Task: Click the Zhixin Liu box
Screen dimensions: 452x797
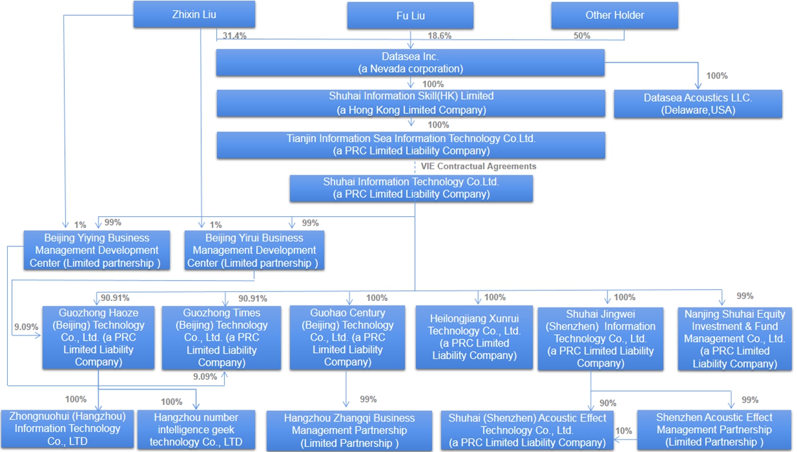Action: click(194, 14)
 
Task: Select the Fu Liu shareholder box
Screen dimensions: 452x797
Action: click(411, 16)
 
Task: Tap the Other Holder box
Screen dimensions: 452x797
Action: click(615, 16)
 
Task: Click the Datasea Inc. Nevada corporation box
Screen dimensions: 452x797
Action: click(411, 63)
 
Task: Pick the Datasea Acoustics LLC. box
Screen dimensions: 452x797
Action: click(698, 104)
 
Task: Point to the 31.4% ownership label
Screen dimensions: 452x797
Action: click(235, 36)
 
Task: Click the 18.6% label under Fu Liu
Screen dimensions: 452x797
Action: click(439, 36)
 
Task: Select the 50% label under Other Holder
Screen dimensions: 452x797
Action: click(582, 36)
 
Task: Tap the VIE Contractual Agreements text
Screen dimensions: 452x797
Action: click(478, 166)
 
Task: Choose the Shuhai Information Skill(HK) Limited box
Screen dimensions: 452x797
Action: click(411, 103)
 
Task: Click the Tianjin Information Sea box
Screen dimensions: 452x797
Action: click(411, 145)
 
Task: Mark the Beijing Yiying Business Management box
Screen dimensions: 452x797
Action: click(96, 250)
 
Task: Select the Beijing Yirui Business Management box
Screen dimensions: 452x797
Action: click(254, 250)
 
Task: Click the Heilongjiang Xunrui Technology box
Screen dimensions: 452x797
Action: click(474, 337)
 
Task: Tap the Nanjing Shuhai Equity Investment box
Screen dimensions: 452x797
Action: click(734, 339)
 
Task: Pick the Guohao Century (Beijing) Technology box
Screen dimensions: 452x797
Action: click(347, 337)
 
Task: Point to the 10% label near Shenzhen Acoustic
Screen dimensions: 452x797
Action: click(624, 431)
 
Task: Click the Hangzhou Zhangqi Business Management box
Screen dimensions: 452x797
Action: click(349, 430)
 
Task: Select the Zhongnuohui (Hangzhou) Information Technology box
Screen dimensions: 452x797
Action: click(67, 429)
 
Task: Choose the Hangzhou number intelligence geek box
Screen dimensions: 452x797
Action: click(196, 429)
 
